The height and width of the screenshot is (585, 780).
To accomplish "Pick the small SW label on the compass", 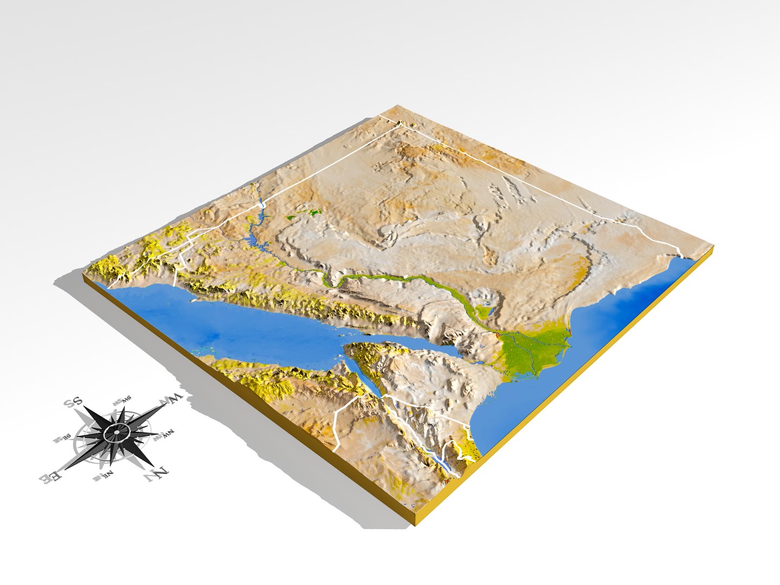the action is (x=120, y=404).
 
